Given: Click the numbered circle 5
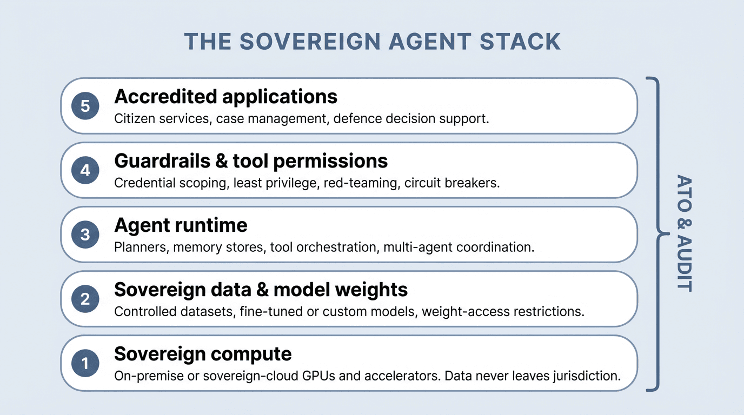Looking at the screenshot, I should (85, 106).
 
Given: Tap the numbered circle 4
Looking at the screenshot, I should (85, 170).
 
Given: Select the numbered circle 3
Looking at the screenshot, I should (85, 235).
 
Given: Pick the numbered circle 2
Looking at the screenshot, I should (85, 299).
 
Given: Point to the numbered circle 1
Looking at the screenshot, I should (85, 363).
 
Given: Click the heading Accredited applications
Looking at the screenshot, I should (225, 97).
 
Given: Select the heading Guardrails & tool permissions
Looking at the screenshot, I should (251, 161).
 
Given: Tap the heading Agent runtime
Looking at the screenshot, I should (181, 225).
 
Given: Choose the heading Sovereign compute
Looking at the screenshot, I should (203, 354).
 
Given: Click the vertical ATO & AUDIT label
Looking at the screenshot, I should (684, 233).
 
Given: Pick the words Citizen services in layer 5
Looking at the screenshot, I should (162, 119).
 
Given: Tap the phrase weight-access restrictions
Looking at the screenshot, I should (503, 312).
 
